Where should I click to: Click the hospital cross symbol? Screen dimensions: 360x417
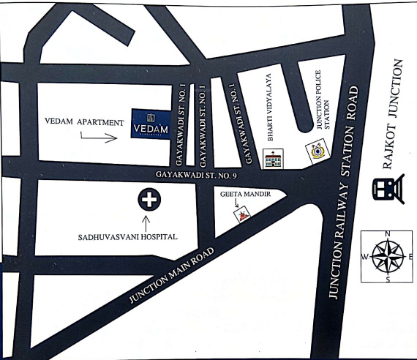point(149,198)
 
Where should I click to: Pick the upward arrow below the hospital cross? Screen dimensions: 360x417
point(149,220)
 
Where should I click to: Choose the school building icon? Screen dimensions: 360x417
point(273,159)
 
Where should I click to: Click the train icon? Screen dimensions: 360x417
point(385,189)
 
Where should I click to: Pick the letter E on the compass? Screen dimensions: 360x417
point(410,257)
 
